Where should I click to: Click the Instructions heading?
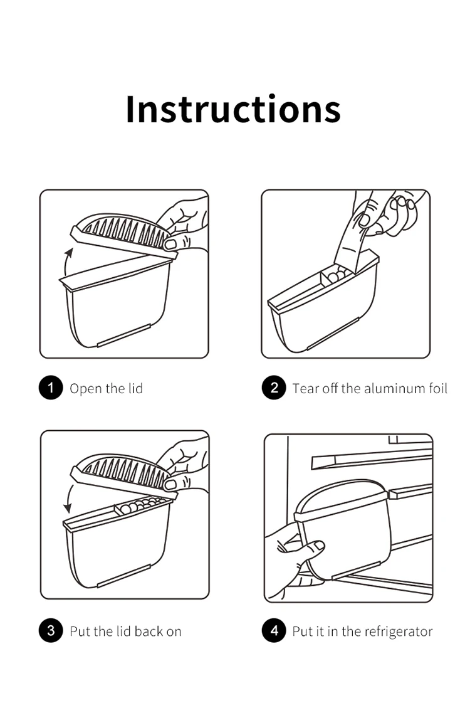(233, 109)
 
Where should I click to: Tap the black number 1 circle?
(51, 388)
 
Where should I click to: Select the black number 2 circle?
(274, 388)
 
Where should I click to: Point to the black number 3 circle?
(51, 630)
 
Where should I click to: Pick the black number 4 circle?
(274, 630)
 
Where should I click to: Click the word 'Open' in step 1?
(86, 389)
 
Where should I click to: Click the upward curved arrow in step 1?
(66, 262)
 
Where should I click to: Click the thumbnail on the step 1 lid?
(170, 245)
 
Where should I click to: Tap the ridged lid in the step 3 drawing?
(123, 476)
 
